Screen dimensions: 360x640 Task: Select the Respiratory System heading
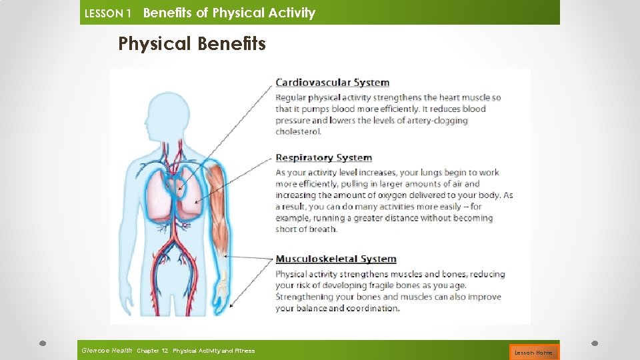(x=323, y=158)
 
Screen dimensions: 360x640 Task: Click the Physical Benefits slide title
(x=191, y=44)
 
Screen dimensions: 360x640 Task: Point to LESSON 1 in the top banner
(x=108, y=13)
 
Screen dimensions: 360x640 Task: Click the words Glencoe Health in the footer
(x=107, y=350)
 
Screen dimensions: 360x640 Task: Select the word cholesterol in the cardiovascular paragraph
(x=298, y=131)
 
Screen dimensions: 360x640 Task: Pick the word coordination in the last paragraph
(x=364, y=308)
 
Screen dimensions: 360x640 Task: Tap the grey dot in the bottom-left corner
(x=41, y=343)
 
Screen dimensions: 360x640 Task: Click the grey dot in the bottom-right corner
(x=595, y=343)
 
